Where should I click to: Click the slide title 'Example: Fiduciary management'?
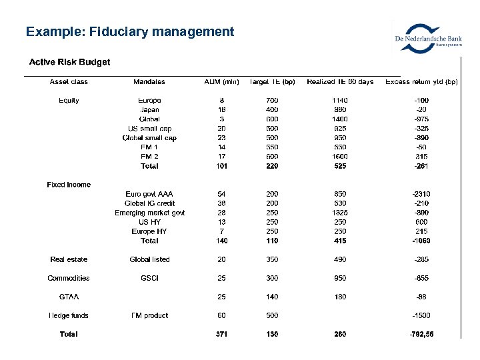coord(130,31)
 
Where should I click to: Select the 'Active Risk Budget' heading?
coord(69,62)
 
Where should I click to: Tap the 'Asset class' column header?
coord(69,82)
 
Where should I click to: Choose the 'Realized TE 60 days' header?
coord(340,82)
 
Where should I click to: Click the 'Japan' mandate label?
coord(149,110)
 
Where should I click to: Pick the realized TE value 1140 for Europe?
coord(340,101)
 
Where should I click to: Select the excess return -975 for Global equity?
coord(421,119)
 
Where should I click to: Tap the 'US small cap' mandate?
coord(149,129)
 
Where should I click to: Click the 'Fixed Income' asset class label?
coord(69,185)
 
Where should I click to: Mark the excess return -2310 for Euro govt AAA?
coord(421,194)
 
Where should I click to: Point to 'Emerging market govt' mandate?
coord(149,213)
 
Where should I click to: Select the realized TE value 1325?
coord(340,213)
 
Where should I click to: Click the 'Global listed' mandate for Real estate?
coord(149,259)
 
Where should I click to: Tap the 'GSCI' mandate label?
coord(149,278)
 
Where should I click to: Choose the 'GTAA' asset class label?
coord(69,297)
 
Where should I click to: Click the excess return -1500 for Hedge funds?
coord(421,315)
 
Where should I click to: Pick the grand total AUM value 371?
coord(221,334)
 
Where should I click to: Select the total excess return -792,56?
coord(421,334)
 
